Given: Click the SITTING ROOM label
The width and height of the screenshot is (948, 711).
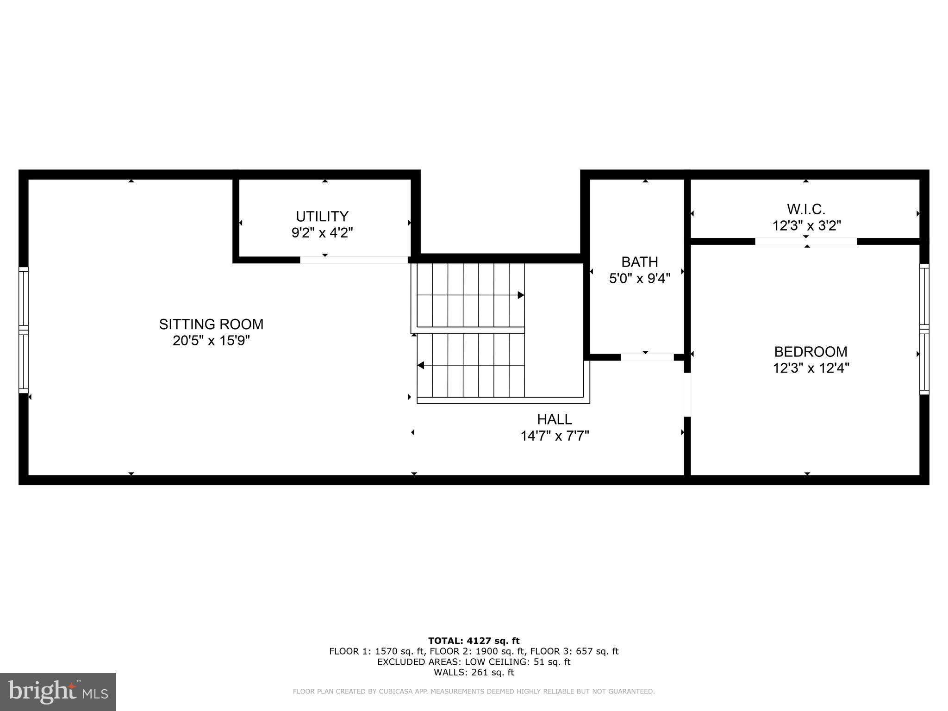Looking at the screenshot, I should point(211,324).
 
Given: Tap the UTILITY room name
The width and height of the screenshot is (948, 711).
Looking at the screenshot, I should point(322,216).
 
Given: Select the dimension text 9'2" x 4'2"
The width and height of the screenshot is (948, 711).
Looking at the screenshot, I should point(322,232).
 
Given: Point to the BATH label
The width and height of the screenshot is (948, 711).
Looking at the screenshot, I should point(639,262).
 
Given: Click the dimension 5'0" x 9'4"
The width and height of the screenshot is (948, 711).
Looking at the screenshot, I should point(639,279).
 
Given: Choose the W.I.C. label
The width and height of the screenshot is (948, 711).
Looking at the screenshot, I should point(806,209).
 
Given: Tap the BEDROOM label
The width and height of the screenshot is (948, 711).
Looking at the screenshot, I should point(811,352).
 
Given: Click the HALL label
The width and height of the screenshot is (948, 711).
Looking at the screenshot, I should point(554,419).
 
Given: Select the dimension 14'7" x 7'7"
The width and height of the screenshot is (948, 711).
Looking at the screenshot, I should point(554,436).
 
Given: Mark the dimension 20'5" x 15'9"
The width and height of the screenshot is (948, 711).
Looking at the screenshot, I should point(211,341).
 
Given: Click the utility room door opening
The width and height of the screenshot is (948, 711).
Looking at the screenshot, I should point(354,260).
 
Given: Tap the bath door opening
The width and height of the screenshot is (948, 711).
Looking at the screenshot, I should point(647,357).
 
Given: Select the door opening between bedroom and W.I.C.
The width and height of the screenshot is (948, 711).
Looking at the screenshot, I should point(806,241).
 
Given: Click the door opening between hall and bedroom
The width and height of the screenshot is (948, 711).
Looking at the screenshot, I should point(687,394).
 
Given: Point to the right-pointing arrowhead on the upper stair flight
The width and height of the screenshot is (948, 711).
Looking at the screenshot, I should point(521,295).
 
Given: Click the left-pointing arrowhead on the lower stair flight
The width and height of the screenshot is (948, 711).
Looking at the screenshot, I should point(421,365).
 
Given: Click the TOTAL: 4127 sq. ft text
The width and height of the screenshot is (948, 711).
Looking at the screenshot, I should point(474,641).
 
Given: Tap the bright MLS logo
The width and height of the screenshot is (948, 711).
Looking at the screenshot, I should point(58,692).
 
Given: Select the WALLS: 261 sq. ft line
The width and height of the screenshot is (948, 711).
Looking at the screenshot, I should point(474,672).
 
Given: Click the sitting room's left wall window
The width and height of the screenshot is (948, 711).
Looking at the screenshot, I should point(23,330).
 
